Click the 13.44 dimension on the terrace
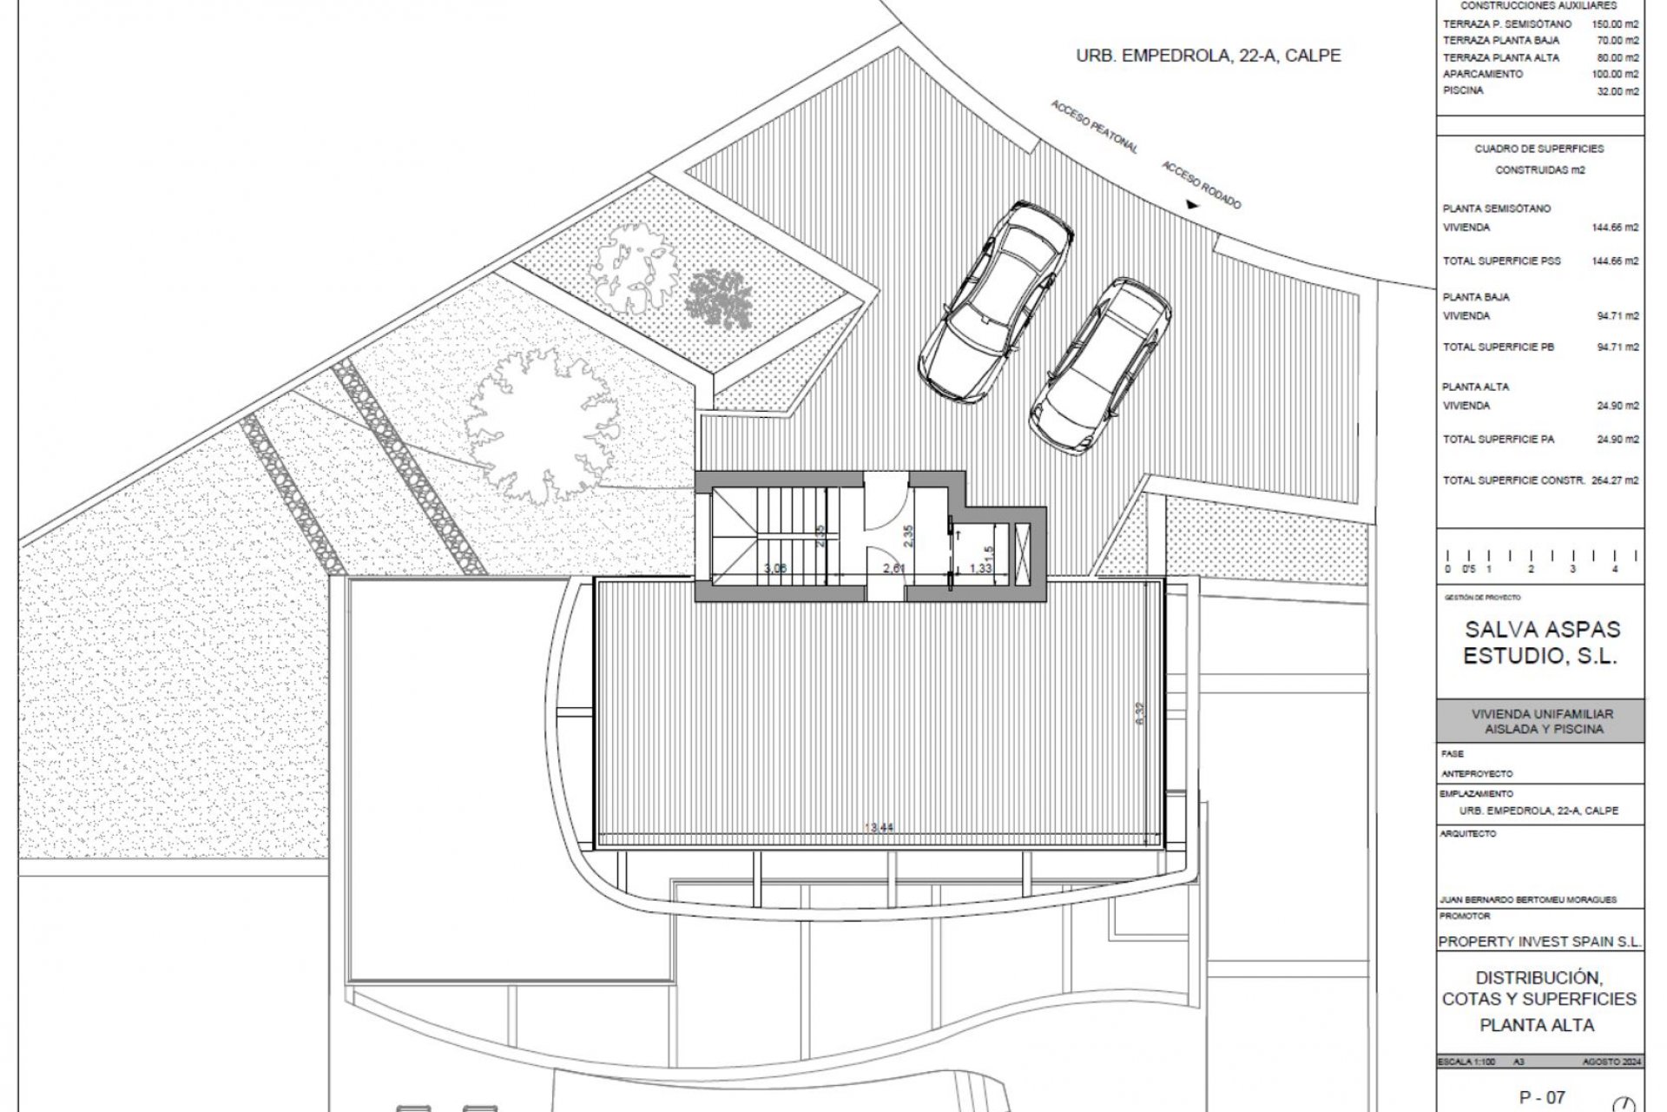[880, 828]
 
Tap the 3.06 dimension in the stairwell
[774, 568]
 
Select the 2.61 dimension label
[894, 568]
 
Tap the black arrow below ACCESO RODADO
[1192, 205]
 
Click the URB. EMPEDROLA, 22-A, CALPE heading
[1208, 56]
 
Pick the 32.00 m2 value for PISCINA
[1620, 91]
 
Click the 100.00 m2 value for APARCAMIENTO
[1615, 75]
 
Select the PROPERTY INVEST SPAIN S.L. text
[1540, 942]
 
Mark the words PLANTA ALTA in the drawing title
[1537, 1025]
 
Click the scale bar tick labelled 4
[1614, 569]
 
